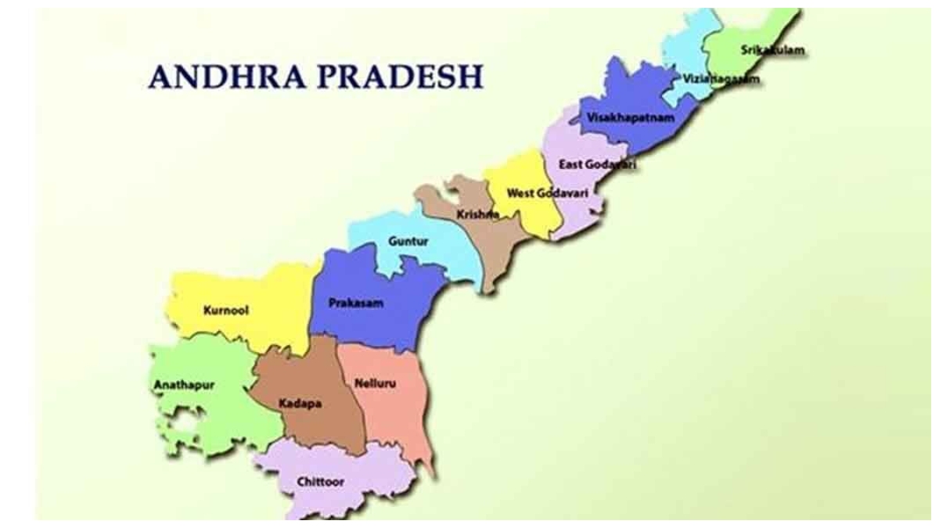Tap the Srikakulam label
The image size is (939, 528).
tap(772, 51)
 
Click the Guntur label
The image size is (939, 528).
tap(408, 241)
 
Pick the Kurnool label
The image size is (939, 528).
tap(225, 310)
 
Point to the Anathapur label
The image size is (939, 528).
tap(185, 385)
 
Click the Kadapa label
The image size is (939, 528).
tap(300, 404)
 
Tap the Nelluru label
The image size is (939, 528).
tap(375, 384)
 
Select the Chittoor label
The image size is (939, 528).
tap(320, 481)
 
